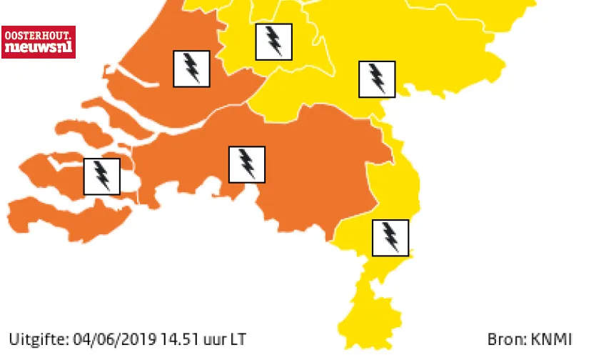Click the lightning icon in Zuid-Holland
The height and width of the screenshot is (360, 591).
[x=191, y=69]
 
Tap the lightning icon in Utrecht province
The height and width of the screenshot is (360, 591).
[x=273, y=41]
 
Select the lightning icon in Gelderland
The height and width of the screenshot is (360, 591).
[x=376, y=79]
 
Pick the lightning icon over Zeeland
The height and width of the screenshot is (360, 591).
[x=102, y=176]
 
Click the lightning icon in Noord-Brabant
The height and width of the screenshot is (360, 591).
[x=246, y=164]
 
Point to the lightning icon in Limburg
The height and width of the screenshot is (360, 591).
[x=390, y=237]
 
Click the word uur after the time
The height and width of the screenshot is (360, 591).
[x=212, y=337]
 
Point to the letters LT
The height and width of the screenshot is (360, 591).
[x=236, y=337]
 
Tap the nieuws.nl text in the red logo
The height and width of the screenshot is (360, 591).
[x=38, y=48]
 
